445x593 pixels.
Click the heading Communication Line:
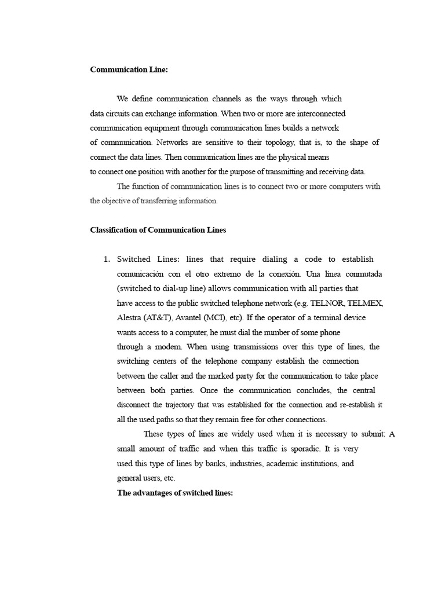[129, 69]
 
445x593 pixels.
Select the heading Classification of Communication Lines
[158, 230]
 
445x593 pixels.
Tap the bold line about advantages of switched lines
[174, 493]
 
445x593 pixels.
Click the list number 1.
[106, 259]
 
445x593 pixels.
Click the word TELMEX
[365, 303]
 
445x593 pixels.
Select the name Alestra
[132, 317]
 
